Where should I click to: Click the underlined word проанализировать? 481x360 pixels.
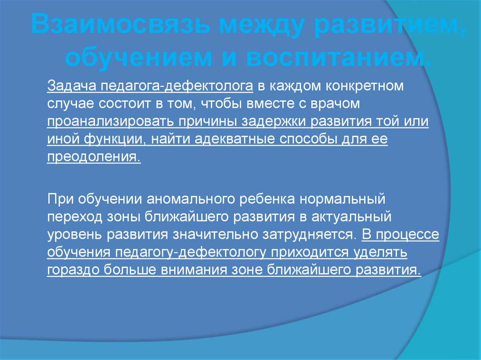(110, 121)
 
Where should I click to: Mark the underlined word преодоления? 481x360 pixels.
(93, 157)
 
